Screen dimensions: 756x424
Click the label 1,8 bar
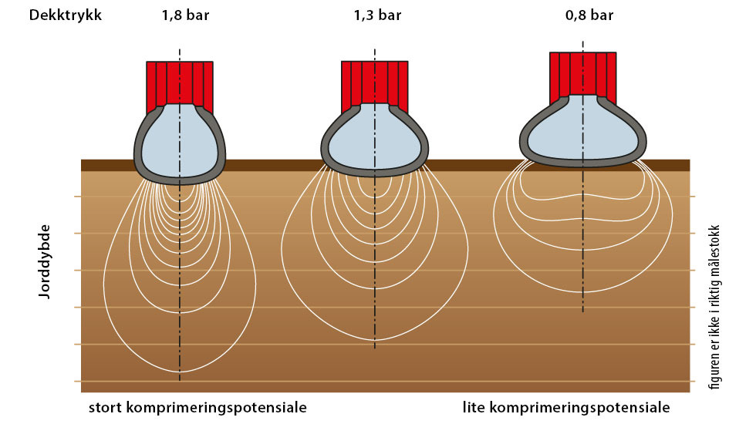[186, 15]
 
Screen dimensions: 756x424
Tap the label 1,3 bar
[377, 15]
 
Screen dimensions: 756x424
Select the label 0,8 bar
[589, 15]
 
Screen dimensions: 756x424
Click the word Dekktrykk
[66, 15]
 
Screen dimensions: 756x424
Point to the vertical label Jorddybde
[45, 261]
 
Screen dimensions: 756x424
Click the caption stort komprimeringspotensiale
[197, 408]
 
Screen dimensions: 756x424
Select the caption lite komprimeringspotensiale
[566, 408]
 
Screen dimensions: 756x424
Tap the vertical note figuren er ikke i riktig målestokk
[714, 307]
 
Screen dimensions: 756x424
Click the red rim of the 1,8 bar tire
[180, 82]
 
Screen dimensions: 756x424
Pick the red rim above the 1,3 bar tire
[375, 82]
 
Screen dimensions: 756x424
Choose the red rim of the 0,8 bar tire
[583, 73]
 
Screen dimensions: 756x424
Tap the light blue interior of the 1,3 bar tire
[375, 140]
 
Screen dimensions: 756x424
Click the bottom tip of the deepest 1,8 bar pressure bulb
[180, 372]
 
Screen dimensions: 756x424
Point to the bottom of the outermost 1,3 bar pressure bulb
[375, 340]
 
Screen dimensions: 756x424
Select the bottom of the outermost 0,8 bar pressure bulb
[583, 292]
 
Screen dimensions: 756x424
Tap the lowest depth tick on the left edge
[78, 381]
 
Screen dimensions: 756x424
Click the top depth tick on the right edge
[693, 196]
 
